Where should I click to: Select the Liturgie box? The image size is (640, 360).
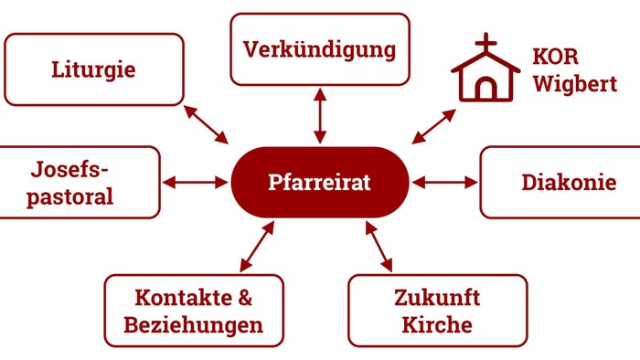pos(94,69)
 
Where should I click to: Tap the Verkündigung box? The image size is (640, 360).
pos(319,49)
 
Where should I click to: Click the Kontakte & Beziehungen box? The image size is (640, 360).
pos(194,311)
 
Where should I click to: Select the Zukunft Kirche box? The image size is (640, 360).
pos(437,311)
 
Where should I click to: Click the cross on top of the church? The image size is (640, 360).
pos(485,43)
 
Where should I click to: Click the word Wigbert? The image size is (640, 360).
pos(574,85)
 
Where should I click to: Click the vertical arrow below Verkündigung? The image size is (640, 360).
pos(319,115)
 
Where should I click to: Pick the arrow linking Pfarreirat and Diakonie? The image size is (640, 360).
pos(445,183)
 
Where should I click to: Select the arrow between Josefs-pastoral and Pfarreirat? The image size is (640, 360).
pos(196,183)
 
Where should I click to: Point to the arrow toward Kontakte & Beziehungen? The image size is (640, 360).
pos(257,246)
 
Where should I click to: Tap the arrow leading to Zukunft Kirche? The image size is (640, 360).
pos(379,246)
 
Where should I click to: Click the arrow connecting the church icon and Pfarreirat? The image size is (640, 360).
pos(433,126)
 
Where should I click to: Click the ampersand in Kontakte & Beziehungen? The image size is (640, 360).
pos(244,298)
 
